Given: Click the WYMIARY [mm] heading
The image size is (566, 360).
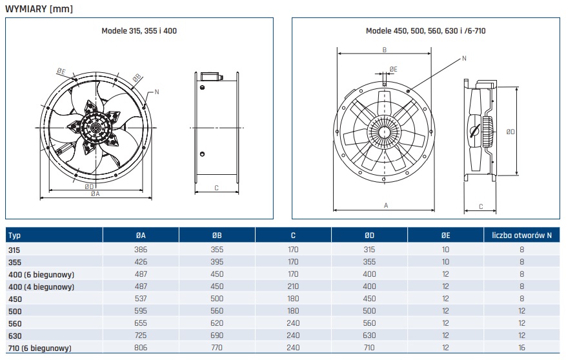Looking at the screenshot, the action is pos(39,9).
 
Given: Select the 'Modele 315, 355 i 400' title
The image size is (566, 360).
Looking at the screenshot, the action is pos(139,31).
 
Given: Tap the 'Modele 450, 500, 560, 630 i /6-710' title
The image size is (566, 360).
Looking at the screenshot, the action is pos(425,31).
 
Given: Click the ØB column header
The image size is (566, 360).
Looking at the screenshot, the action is pos(217,235).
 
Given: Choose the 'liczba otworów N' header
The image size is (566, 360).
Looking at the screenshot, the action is pos(521,235).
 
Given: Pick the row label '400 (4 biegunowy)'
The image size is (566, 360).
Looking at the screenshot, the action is pos(41,286).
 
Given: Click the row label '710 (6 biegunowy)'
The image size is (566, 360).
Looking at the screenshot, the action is pos(40,348).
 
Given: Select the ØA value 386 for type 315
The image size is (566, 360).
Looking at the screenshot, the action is pos(141,250).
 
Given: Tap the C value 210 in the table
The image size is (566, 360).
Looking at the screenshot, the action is pos(293,286).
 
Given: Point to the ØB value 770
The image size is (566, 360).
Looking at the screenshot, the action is pos(217,348).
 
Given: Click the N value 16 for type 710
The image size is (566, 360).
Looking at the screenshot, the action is pos(521,348).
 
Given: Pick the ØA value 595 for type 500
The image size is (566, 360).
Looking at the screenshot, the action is pos(141,311).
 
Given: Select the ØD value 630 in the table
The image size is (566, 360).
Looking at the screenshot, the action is pos(369,335).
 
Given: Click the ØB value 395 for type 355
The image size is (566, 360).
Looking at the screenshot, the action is pos(217,262).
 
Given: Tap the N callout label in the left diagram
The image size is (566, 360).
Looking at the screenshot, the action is pos(157,92).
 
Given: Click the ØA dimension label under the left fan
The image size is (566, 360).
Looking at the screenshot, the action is pos(95,194).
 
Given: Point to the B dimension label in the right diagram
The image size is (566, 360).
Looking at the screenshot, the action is pos(385,50).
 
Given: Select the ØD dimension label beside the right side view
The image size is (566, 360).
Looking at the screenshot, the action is pos(510,132).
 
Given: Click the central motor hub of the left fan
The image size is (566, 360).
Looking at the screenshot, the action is pos(96,128).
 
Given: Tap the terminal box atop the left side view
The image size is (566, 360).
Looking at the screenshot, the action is pos(211,75).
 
